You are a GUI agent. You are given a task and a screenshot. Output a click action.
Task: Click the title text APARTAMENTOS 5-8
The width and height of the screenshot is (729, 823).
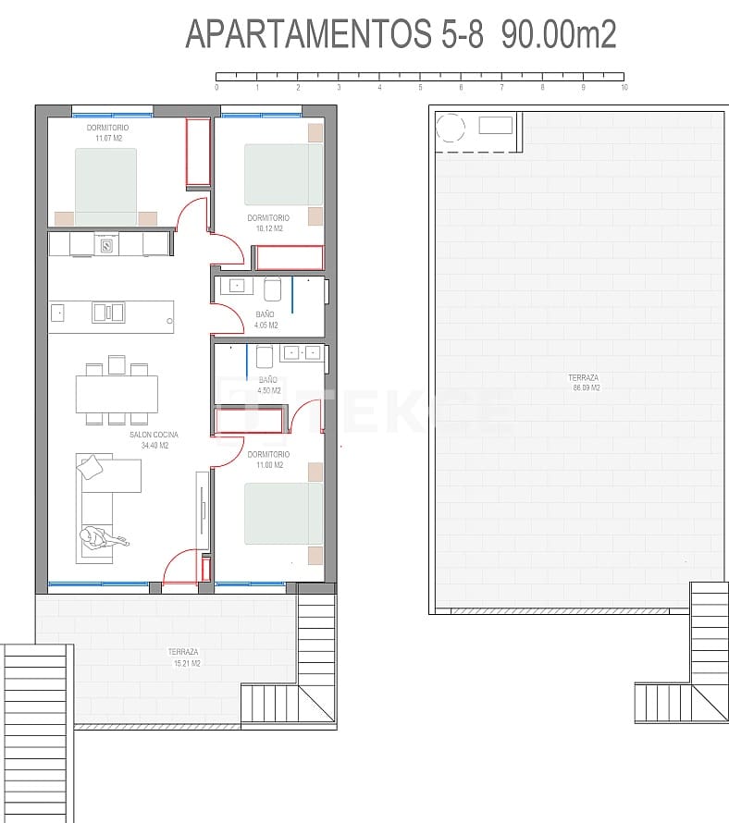(334, 34)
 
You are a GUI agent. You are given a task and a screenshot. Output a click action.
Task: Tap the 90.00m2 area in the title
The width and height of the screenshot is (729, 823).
(559, 34)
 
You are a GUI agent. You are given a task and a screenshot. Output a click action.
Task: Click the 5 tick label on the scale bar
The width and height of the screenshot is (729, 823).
(420, 88)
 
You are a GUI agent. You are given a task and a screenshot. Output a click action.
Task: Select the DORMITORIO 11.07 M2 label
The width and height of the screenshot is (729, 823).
(107, 132)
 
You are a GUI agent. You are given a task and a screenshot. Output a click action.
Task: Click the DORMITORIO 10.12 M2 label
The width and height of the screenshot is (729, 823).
(268, 223)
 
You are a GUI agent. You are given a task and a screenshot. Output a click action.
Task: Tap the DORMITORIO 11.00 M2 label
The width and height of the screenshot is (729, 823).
(268, 460)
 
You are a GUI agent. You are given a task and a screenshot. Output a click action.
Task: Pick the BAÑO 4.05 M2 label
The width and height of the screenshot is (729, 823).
(266, 320)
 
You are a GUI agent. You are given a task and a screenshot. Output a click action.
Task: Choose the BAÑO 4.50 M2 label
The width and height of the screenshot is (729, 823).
(268, 385)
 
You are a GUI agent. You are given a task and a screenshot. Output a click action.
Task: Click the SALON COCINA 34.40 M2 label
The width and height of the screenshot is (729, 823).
(154, 439)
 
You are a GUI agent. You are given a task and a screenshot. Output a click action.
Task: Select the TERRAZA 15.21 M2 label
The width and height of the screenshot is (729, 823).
(186, 657)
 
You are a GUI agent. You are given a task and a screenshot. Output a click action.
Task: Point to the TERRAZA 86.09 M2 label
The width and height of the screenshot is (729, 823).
(585, 383)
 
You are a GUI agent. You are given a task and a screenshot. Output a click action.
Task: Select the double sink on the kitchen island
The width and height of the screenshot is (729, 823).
(108, 313)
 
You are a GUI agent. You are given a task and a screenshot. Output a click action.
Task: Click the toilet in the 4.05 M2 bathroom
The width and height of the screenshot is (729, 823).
(273, 289)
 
